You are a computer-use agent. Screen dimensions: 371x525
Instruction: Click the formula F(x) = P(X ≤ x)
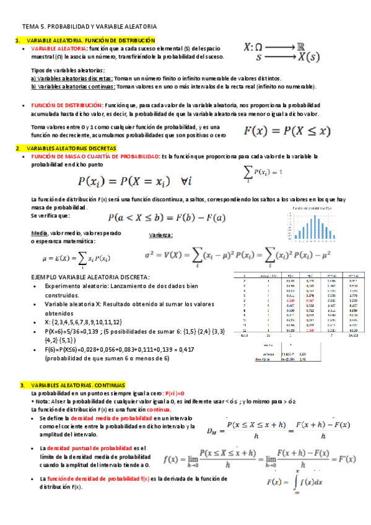pyautogui.click(x=287, y=131)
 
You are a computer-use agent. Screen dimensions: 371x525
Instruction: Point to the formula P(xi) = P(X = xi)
pyautogui.click(x=133, y=181)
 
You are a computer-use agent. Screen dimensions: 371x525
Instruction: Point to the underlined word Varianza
pyautogui.click(x=161, y=235)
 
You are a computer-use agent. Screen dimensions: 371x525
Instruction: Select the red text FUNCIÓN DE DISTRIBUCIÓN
pyautogui.click(x=66, y=106)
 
